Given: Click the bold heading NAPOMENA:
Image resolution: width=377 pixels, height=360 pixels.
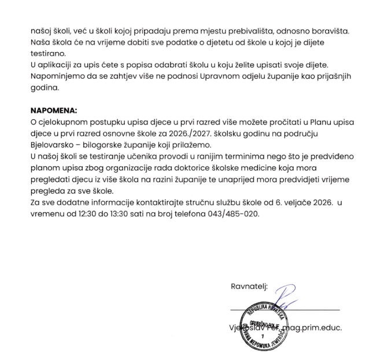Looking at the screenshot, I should [53, 110].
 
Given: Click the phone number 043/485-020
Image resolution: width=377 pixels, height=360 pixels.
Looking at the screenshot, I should [234, 214].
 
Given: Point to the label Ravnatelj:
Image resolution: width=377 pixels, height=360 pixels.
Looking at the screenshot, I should [249, 286].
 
